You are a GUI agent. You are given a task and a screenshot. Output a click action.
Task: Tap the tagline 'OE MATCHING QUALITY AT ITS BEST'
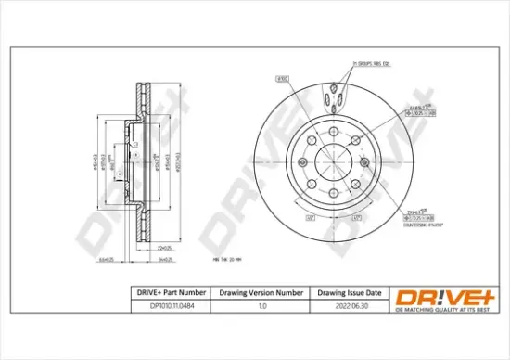click(x=434, y=314)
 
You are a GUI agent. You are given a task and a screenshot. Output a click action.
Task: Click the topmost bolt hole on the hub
click(x=335, y=130)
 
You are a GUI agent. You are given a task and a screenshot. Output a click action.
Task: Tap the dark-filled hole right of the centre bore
click(x=364, y=161)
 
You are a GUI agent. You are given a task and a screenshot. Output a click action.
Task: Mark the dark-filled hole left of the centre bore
click(x=304, y=161)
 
